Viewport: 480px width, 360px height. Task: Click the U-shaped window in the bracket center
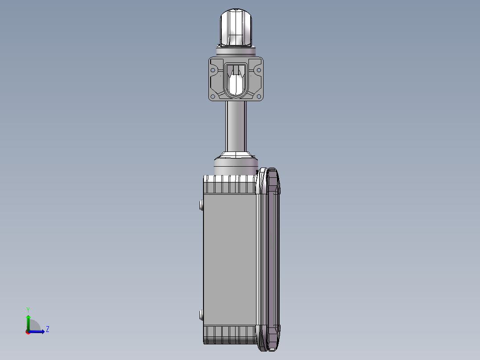coord(236,80)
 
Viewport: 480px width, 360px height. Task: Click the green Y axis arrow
coord(28,320)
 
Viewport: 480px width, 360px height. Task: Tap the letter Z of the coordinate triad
coord(48,329)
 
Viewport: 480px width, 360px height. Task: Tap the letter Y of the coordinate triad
coord(28,309)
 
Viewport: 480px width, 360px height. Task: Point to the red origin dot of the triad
coord(28,332)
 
